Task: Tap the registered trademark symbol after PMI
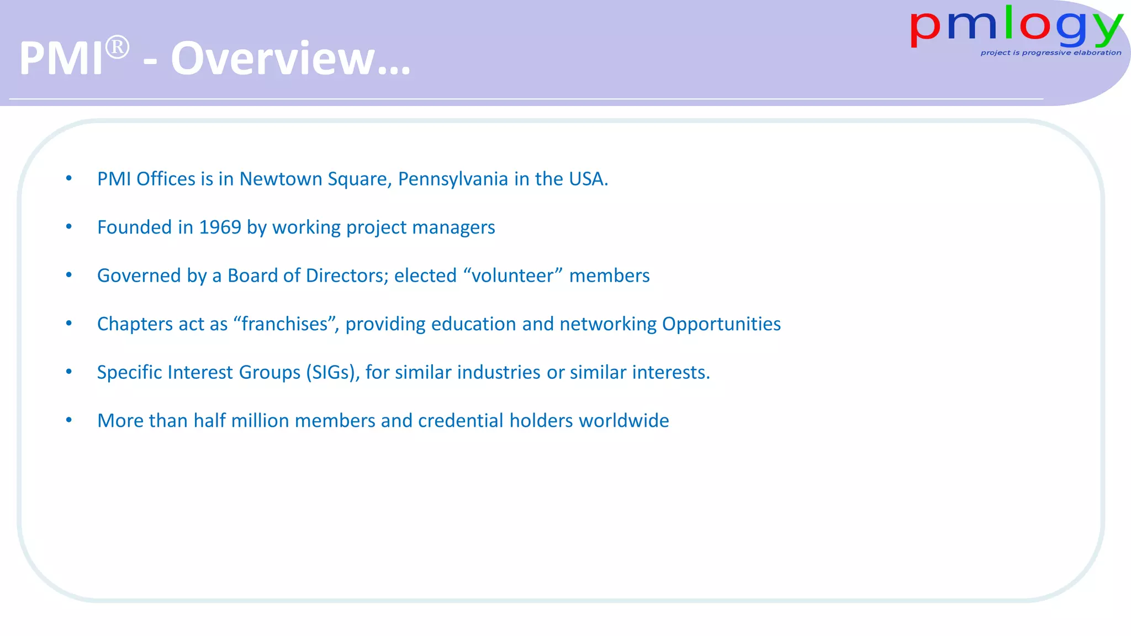click(x=117, y=47)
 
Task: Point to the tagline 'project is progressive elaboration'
click(x=1050, y=53)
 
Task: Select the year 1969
click(x=220, y=227)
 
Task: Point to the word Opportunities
click(x=721, y=324)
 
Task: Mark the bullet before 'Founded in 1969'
click(x=69, y=226)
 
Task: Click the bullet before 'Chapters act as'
click(x=69, y=323)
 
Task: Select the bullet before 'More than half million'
click(x=69, y=420)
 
